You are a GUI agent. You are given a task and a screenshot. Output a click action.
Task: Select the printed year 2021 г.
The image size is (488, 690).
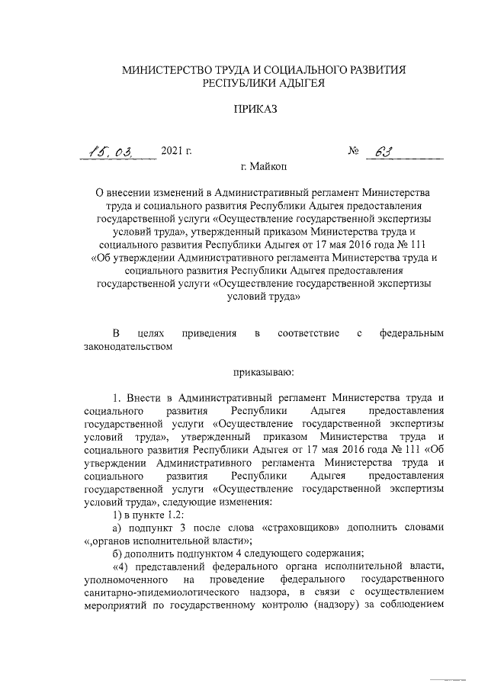[176, 151]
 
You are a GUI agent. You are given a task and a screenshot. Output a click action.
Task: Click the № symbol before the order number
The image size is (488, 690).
[353, 151]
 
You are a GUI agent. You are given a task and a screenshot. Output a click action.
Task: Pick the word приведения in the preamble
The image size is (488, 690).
[209, 334]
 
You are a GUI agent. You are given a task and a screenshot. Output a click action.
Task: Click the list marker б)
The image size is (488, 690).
[117, 553]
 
